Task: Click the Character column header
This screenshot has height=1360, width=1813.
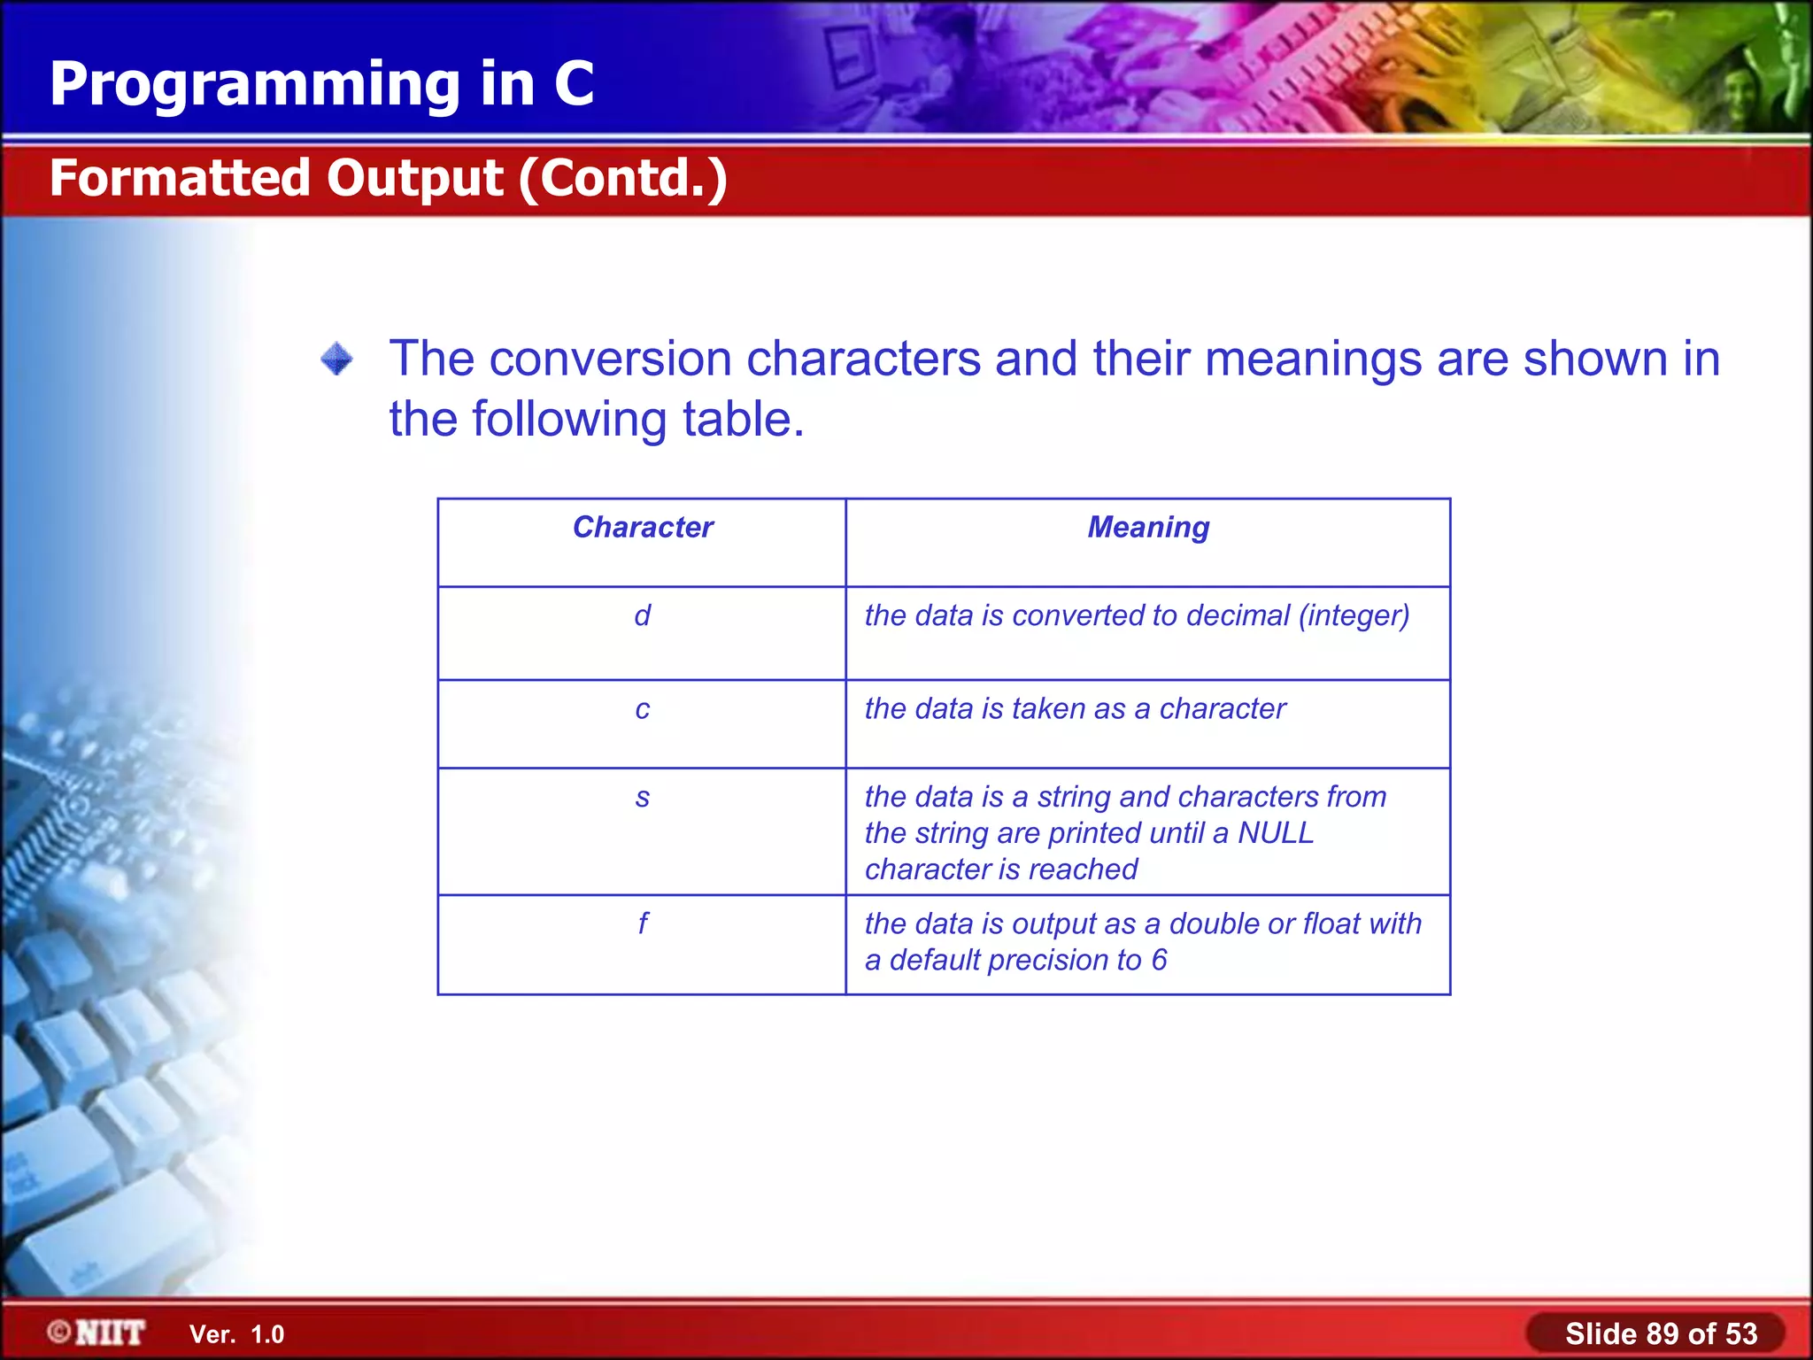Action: [643, 528]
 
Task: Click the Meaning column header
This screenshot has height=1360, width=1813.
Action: [1148, 528]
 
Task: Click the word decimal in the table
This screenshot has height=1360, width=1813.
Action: [1238, 615]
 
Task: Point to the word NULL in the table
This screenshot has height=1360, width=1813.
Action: [1276, 833]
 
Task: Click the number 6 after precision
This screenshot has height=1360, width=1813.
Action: [1159, 960]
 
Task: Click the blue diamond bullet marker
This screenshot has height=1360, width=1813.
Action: [336, 359]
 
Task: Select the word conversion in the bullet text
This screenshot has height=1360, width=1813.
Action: [610, 359]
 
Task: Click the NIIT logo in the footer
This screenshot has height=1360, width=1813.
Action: [97, 1333]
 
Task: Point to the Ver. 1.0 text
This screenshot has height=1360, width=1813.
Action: [236, 1334]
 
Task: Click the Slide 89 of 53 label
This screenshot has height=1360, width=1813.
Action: [1660, 1333]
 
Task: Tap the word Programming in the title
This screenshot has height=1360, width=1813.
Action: [255, 84]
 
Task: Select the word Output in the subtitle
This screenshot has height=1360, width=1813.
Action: [414, 178]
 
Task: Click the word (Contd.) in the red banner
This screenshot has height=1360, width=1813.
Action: [623, 178]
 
